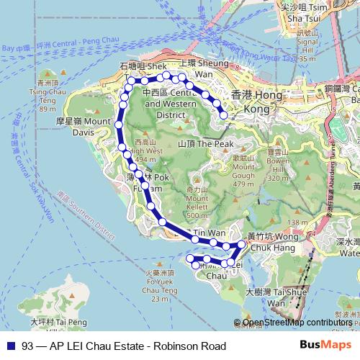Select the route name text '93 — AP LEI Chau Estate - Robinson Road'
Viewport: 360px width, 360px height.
(x=124, y=346)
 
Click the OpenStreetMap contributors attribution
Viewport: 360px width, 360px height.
(x=297, y=323)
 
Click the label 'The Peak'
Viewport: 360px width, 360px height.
(x=206, y=143)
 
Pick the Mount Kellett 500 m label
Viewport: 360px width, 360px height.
(x=196, y=202)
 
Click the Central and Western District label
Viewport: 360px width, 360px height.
(x=169, y=103)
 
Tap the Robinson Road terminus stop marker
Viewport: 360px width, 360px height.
(x=223, y=114)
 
